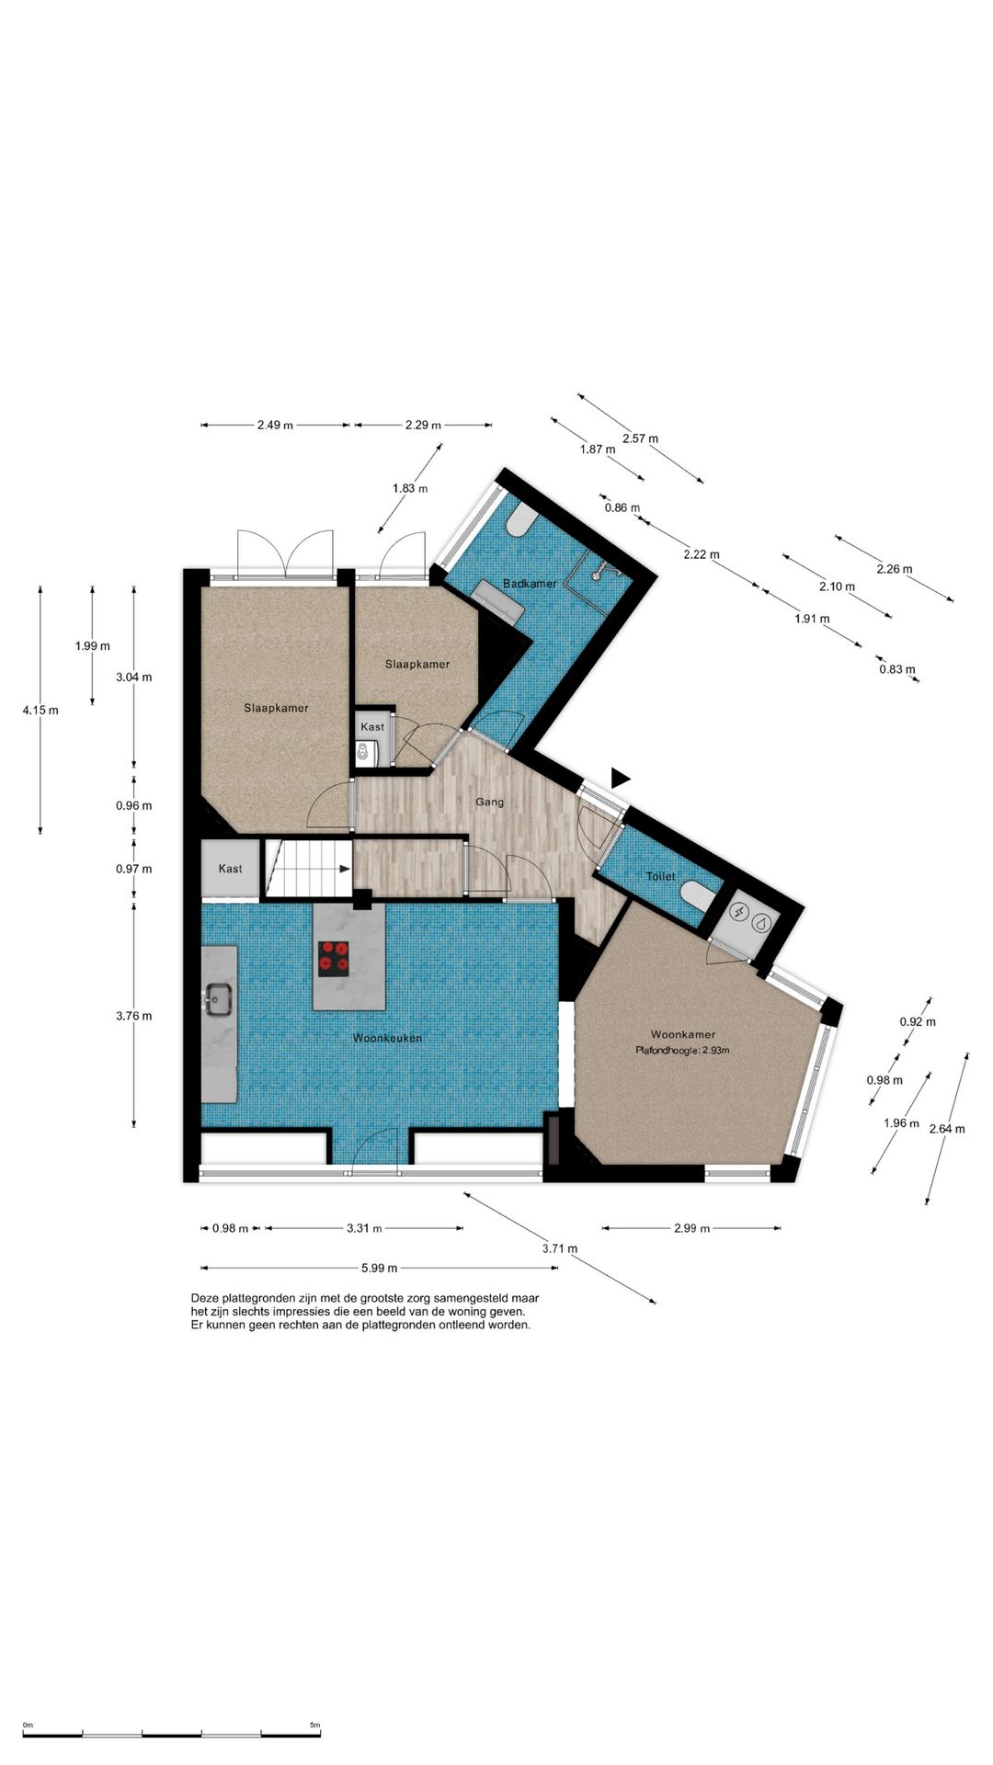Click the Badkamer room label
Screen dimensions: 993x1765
[530, 584]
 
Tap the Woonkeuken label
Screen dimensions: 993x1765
[388, 1038]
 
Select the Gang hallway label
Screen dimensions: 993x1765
[489, 803]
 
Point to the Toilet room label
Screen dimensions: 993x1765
[660, 876]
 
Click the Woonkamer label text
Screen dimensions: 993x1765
[683, 1034]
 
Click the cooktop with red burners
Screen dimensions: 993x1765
[335, 959]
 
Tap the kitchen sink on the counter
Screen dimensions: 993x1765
[219, 999]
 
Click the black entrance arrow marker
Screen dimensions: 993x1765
[621, 778]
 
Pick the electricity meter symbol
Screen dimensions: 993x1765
[738, 913]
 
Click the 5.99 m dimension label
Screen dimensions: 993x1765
[379, 1268]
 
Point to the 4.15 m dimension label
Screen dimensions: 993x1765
[40, 710]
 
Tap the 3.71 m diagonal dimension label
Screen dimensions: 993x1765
[560, 1248]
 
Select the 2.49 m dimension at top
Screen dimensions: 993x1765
[275, 425]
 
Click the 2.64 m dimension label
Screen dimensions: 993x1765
[947, 1129]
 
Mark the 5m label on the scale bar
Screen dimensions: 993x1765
[315, 1725]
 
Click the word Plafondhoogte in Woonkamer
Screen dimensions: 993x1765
[665, 1050]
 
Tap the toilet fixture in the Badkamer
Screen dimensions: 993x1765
[519, 519]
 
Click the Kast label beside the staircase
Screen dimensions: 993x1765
[230, 869]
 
